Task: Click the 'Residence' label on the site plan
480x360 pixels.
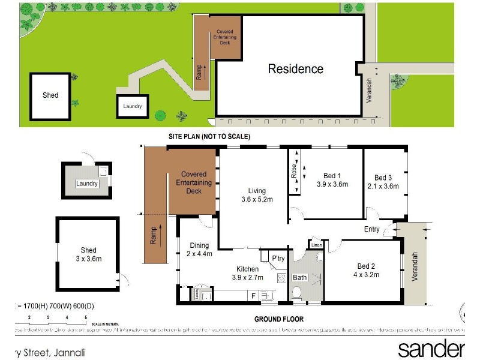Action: pos(295,69)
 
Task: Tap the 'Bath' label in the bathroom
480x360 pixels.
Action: pos(299,278)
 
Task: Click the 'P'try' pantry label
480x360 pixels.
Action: pos(277,259)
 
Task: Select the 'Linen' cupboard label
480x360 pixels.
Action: pos(316,245)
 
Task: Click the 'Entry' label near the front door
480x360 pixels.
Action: pos(372,229)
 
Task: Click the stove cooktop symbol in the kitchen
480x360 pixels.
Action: pos(281,278)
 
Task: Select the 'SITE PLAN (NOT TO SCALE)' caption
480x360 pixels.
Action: pos(209,137)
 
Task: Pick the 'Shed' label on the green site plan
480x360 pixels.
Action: pos(50,95)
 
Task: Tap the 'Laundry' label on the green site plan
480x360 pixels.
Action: pos(133,106)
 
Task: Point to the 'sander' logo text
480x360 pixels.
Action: pos(431,349)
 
